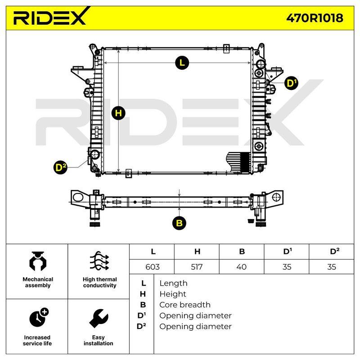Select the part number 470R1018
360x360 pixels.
click(315, 18)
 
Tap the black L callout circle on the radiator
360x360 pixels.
click(182, 63)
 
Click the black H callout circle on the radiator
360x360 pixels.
click(118, 113)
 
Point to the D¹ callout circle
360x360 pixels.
click(291, 83)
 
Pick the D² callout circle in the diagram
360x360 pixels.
click(60, 167)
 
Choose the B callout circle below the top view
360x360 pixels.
click(179, 223)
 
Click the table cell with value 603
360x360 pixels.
click(153, 267)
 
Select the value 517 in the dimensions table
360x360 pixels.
click(197, 267)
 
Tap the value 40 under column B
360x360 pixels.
click(241, 267)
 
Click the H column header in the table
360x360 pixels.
click(197, 252)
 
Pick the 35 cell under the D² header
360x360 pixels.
click(332, 267)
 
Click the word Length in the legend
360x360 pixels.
click(173, 283)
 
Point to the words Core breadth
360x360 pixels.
click(185, 305)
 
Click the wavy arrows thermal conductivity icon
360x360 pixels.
click(99, 261)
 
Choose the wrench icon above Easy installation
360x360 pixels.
click(99, 318)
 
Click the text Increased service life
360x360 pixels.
click(37, 341)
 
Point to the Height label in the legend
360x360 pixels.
click(173, 294)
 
